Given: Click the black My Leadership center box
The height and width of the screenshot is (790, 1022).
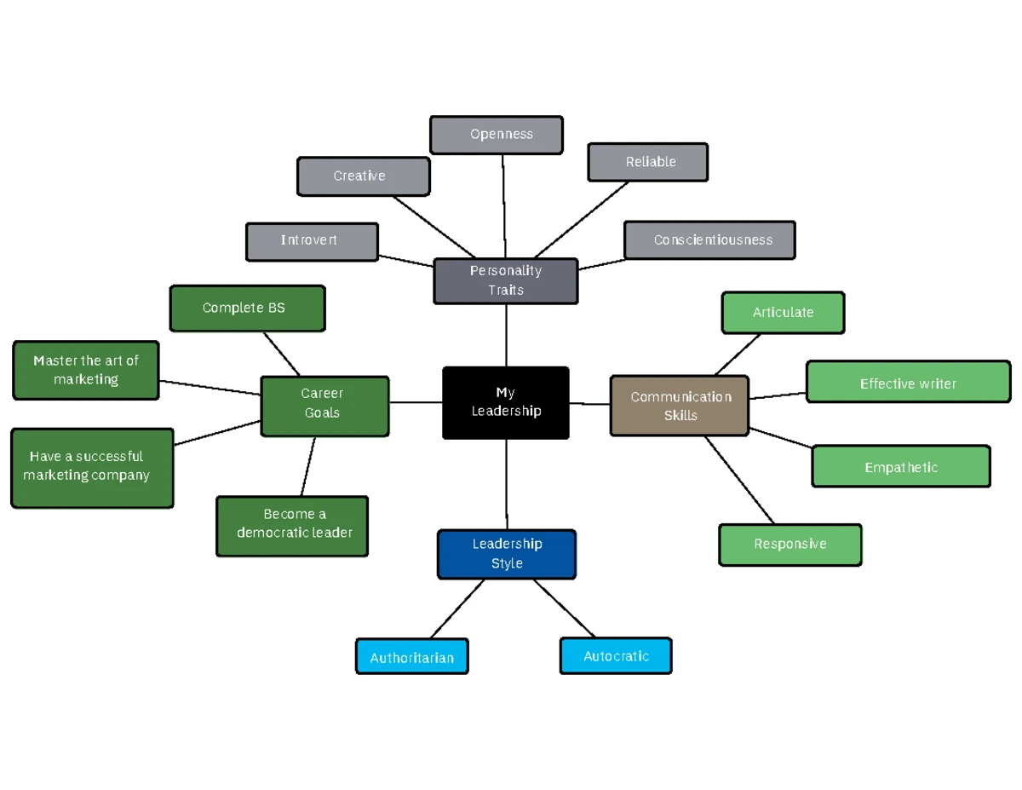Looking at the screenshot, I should pos(506,403).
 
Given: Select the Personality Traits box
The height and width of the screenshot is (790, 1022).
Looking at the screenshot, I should pos(506,281).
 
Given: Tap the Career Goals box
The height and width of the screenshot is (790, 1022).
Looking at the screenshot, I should pos(324,407).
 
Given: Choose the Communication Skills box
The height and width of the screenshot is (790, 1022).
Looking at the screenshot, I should pos(680,406).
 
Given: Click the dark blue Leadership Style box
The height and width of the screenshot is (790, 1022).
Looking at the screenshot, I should pos(507,554).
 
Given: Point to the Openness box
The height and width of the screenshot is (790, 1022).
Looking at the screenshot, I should pos(497,135).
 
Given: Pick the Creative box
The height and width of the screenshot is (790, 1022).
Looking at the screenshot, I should pos(363,176).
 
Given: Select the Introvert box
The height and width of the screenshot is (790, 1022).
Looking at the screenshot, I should pos(312,241).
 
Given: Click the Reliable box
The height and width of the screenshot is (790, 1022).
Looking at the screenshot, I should pos(647,162).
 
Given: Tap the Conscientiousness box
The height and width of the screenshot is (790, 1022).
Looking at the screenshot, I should pos(709,240).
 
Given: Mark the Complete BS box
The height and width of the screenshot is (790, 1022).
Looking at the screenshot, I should pos(247,308).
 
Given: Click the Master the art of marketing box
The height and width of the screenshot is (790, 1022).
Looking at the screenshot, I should pos(86,370).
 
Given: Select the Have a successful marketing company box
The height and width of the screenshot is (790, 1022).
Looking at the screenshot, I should pos(92,467).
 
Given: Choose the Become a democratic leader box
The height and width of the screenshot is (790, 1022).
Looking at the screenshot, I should pos(292,526).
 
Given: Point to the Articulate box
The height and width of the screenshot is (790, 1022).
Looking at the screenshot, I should pos(783,313).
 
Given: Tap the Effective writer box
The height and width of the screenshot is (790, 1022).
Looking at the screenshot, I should pos(908,382).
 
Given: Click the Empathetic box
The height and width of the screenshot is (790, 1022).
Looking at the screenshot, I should pos(901,466).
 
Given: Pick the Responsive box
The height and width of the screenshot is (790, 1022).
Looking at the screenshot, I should pos(790,545).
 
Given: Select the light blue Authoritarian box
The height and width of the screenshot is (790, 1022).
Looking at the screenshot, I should pos(411,657).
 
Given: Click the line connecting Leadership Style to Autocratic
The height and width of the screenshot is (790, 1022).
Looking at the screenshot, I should pos(564,608).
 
